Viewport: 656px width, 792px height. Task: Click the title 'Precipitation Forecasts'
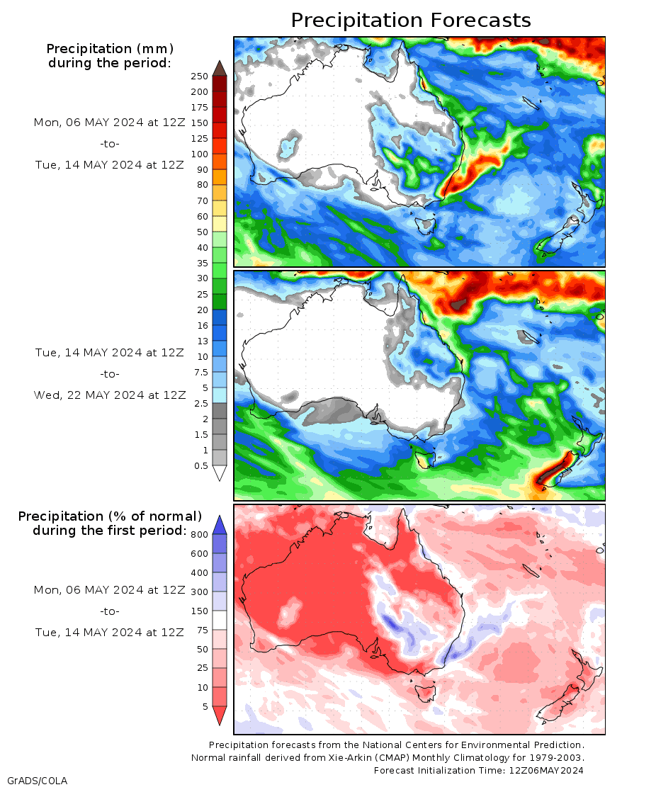tap(411, 20)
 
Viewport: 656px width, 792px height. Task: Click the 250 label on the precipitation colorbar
tap(199, 77)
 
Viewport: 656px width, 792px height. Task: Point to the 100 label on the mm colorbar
tap(199, 154)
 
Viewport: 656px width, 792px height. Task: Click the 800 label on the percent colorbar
tap(199, 535)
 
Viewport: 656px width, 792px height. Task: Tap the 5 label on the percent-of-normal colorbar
tap(204, 707)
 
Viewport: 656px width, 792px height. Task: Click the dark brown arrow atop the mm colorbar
tap(219, 68)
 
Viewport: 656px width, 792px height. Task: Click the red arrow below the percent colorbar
tap(220, 715)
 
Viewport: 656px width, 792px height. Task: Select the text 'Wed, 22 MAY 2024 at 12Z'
tap(110, 395)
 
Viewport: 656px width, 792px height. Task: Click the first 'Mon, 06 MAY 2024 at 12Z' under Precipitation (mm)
tap(110, 123)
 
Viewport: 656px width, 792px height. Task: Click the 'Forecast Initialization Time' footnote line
tap(479, 770)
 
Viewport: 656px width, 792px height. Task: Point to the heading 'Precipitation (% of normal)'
tap(110, 516)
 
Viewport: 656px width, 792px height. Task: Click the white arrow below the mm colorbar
tap(219, 473)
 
